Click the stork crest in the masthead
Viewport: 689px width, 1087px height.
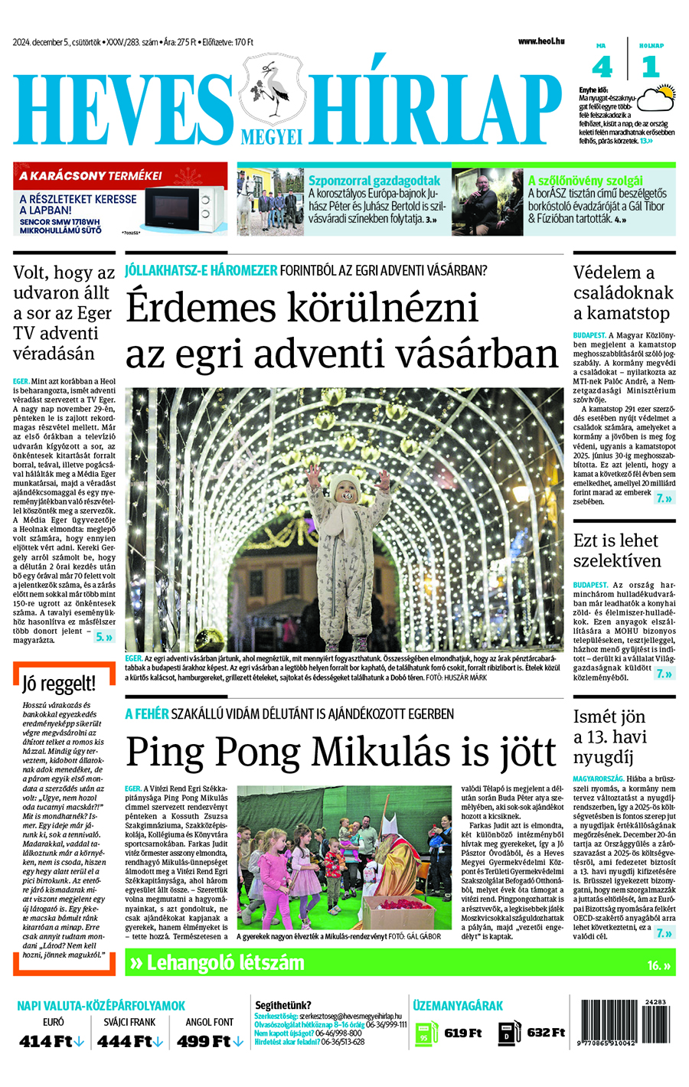click(271, 90)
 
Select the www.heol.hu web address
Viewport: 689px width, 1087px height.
click(540, 41)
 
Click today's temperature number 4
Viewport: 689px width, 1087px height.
click(602, 67)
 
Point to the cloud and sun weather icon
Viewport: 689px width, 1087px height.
click(657, 99)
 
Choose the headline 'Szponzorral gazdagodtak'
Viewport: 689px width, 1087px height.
click(374, 181)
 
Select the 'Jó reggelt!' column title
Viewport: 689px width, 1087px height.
click(59, 684)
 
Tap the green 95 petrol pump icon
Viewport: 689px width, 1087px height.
click(426, 1033)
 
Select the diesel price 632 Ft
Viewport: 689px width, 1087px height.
click(546, 1033)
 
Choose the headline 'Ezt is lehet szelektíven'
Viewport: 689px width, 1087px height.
click(617, 550)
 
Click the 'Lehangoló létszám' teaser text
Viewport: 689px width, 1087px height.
click(224, 963)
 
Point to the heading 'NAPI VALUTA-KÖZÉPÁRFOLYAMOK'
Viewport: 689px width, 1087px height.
click(101, 1006)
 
